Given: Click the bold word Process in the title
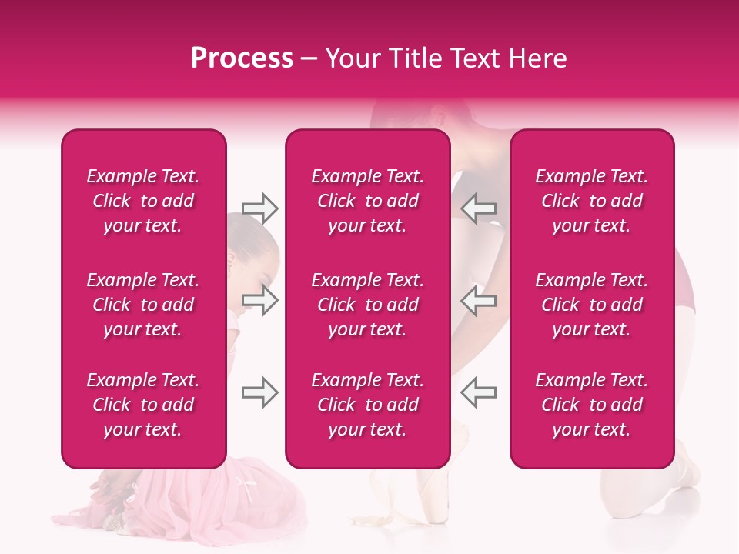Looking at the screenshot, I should [x=242, y=58].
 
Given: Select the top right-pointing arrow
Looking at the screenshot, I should [x=259, y=209].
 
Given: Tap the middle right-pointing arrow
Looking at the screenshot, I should [x=259, y=300].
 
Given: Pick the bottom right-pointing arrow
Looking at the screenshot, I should [x=259, y=392].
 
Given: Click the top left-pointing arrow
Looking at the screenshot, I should [x=478, y=209].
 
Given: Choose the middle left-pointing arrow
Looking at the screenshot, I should [x=478, y=300].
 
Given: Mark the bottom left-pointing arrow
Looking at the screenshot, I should [x=478, y=392].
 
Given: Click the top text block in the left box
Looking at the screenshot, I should [x=143, y=201].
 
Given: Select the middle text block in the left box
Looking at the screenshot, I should [x=143, y=305].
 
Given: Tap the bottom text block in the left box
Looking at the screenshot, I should [x=143, y=405].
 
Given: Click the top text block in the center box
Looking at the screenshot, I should [x=367, y=201].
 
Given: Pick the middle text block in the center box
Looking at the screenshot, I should [x=367, y=305].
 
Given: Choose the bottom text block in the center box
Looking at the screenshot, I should [x=367, y=405].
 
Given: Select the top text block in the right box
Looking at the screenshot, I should [x=591, y=201].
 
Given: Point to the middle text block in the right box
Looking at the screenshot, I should [x=591, y=305].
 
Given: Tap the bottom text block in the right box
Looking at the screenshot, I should [x=591, y=405].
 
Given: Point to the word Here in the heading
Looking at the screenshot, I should [x=538, y=58].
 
